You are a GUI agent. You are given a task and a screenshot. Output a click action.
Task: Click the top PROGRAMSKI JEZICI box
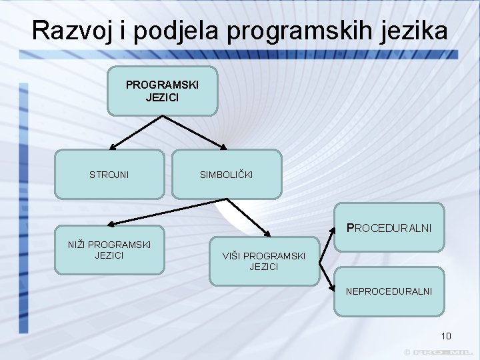(162, 91)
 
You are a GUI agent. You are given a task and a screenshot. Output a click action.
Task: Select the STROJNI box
(109, 175)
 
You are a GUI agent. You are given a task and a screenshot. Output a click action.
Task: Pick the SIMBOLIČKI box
(227, 175)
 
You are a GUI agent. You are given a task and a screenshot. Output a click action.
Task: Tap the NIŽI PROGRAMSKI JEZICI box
(109, 249)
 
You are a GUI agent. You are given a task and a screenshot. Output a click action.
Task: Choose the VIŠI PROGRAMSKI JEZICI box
(264, 261)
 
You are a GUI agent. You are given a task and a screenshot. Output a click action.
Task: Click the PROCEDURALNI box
(389, 227)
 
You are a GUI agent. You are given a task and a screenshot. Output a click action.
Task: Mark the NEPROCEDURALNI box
(389, 291)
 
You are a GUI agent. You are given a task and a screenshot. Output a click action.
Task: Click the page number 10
(446, 336)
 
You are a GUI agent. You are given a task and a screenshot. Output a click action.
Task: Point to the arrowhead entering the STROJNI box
(114, 146)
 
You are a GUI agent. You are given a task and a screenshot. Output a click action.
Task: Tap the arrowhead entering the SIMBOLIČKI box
(224, 146)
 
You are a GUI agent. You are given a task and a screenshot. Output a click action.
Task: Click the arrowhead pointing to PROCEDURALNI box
(331, 233)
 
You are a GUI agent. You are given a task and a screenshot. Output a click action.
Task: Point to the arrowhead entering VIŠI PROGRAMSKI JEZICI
(267, 234)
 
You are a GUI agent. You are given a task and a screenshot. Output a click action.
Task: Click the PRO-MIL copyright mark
(440, 351)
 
